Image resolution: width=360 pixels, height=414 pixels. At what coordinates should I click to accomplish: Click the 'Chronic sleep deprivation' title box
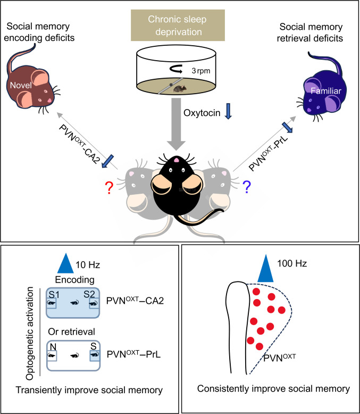[x=178, y=26]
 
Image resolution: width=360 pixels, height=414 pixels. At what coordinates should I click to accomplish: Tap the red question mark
[x=109, y=188]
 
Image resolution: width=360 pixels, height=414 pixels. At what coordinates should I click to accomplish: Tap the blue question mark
[x=247, y=187]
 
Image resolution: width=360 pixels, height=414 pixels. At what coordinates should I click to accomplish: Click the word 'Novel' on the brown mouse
[x=21, y=85]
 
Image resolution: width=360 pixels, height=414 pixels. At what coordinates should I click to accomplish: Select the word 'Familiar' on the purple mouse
[x=326, y=91]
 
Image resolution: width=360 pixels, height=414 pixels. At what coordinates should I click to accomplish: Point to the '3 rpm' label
[x=201, y=71]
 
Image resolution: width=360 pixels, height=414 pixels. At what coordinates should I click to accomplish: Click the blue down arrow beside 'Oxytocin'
[x=228, y=111]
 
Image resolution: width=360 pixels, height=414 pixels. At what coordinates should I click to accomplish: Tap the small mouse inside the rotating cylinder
[x=180, y=89]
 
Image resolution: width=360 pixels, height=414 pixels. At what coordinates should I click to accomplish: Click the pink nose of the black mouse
[x=177, y=160]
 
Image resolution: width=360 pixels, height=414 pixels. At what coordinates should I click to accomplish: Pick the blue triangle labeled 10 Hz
[x=65, y=263]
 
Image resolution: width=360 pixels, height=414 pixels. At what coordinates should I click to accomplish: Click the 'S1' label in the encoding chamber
[x=54, y=294]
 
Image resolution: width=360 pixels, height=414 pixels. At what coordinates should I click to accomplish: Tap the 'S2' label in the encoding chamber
[x=89, y=294]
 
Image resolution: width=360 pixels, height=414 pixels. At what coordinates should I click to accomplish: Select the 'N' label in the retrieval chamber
[x=53, y=346]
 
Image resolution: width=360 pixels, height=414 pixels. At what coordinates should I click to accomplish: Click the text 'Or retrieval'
[x=72, y=332]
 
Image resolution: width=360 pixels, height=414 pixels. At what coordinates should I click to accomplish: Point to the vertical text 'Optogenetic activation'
[x=30, y=333]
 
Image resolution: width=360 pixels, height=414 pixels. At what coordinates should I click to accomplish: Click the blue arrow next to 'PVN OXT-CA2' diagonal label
[x=107, y=161]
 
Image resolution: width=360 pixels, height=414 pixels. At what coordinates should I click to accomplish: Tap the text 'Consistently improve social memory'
[x=273, y=388]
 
